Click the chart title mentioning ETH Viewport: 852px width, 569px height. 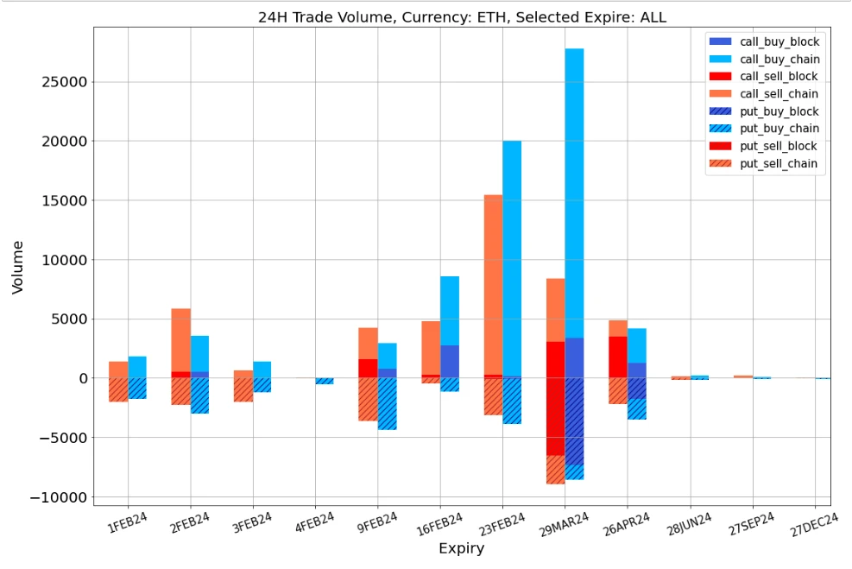462,16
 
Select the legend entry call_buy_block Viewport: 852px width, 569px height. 779,41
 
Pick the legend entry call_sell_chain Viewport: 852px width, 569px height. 779,93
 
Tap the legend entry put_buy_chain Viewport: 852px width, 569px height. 779,129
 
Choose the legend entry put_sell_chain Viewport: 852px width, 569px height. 779,163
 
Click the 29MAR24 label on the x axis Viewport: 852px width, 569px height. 565,527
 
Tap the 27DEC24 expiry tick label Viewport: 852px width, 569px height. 814,527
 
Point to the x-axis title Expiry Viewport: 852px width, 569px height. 461,548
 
